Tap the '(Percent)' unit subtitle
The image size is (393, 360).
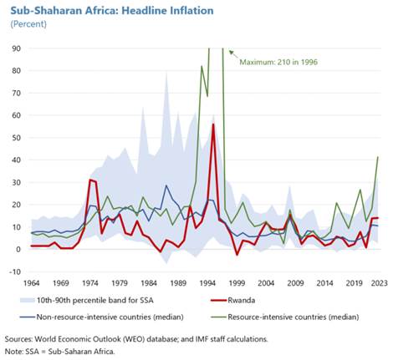[x=29, y=25]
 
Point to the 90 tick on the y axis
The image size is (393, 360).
[x=18, y=48]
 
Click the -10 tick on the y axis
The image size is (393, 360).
[x=16, y=271]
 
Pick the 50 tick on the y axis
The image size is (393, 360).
[x=18, y=138]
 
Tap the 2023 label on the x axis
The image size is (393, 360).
[x=379, y=282]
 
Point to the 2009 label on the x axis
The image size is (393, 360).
[x=296, y=282]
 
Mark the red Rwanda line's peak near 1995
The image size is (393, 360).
[x=213, y=124]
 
